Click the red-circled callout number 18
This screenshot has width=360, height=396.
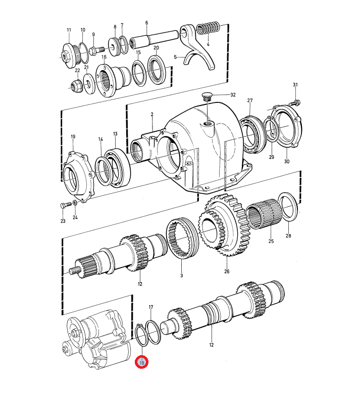(141, 362)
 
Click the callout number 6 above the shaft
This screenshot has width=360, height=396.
(146, 23)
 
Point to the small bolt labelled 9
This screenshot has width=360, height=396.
(97, 50)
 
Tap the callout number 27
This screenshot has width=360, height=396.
(250, 100)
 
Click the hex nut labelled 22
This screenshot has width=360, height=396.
(76, 86)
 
